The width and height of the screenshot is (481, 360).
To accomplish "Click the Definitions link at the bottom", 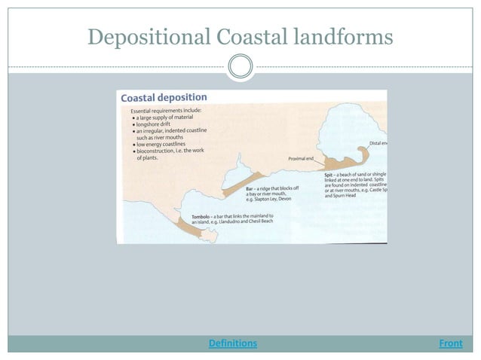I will click(x=232, y=343).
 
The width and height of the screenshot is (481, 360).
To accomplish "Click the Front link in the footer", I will click(x=450, y=343).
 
